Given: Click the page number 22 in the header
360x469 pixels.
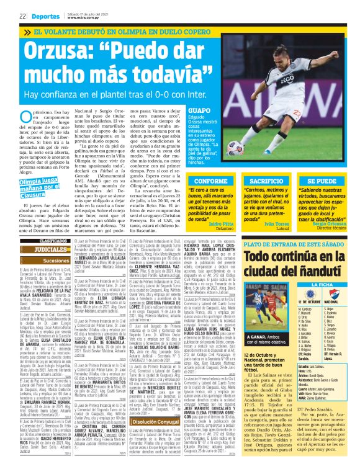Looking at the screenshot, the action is click(x=22, y=16).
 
